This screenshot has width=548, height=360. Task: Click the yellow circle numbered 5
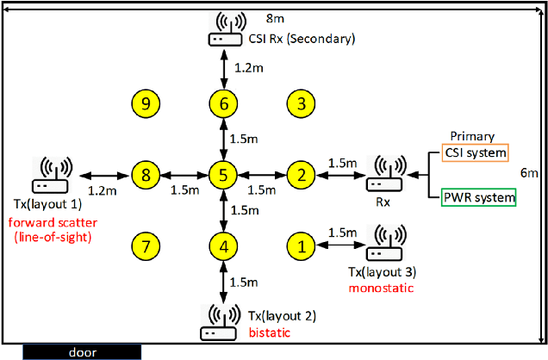(223, 175)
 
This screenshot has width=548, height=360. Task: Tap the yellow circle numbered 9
(146, 104)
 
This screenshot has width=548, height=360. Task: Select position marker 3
(301, 104)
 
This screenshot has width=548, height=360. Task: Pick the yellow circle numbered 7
(146, 246)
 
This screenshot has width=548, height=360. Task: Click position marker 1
(301, 246)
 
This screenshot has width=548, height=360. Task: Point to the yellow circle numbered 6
(223, 104)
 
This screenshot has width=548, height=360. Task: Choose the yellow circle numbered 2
(301, 175)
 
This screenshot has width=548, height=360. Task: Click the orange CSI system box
(474, 152)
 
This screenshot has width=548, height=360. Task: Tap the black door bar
(83, 351)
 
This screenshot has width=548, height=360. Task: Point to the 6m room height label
(532, 173)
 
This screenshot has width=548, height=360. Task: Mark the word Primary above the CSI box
(473, 136)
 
